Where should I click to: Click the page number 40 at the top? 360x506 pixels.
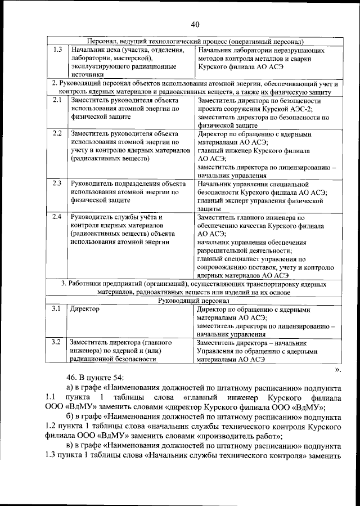[x=195, y=24]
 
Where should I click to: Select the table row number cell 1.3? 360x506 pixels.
[x=57, y=51]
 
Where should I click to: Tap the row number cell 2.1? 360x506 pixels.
[x=57, y=100]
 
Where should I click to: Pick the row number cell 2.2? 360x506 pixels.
[x=57, y=134]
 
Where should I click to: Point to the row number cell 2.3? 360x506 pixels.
[x=57, y=183]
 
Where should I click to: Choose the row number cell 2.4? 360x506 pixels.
[x=57, y=217]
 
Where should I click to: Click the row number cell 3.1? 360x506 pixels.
[x=57, y=309]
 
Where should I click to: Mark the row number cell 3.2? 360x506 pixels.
[x=57, y=342]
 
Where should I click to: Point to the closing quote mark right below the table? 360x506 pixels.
[x=337, y=369]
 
